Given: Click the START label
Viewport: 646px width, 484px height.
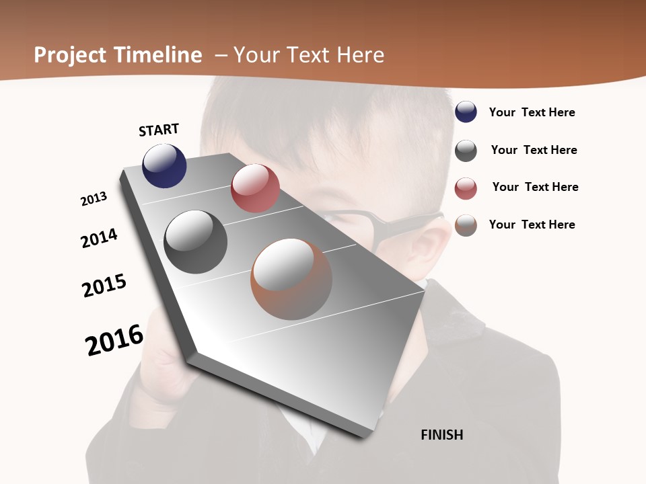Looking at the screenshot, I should [159, 130].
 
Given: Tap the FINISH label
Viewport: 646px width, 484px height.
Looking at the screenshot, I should [442, 434].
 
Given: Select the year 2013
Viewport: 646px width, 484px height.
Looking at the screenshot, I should [94, 199].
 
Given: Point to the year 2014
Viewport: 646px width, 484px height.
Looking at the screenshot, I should [100, 238].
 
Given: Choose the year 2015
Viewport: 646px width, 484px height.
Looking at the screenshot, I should [104, 286].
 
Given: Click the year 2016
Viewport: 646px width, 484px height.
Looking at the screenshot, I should [114, 339].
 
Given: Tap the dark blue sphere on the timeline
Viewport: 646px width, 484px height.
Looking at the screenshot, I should [164, 165].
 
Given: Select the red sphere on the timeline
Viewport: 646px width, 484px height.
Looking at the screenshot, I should [255, 188].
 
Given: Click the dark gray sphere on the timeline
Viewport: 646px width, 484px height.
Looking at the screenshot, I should [196, 242].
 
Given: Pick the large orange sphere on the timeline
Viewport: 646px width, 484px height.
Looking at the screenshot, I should [291, 279].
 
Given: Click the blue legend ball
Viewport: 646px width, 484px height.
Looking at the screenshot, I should [466, 112].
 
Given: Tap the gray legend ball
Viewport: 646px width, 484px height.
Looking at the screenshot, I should [466, 151].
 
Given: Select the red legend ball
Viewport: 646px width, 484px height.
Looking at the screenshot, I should [466, 188].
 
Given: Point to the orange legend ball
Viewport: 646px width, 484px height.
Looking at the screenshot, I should [466, 225].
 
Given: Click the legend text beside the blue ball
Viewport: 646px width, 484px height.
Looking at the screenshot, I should [532, 112].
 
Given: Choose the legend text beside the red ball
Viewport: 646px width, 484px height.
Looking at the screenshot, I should [535, 187].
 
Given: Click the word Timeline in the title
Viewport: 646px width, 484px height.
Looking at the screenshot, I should [158, 55].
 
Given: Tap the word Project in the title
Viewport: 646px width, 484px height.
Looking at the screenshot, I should [69, 55].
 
